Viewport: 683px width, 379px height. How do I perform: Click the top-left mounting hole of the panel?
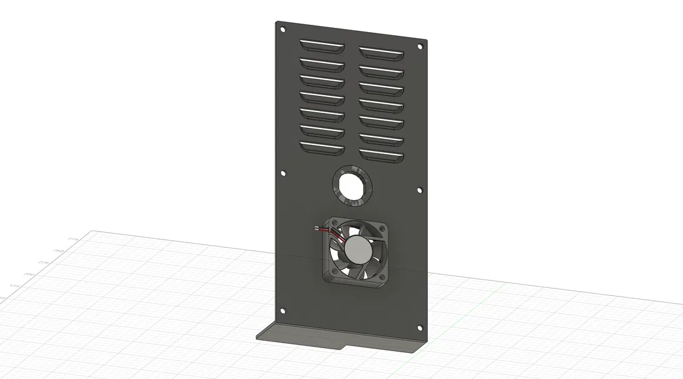pos(282,29)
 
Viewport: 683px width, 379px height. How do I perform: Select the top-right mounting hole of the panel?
pos(419,47)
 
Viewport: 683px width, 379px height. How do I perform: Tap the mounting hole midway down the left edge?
pos(283,173)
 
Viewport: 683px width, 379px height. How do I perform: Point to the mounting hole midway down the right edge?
pos(420,190)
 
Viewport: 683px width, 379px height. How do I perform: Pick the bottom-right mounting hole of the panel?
pos(420,327)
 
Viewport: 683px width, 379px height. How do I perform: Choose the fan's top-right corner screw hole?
pos(381,228)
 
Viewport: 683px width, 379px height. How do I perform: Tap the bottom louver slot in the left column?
pos(322,147)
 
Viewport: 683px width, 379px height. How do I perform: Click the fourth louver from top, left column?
pos(322,96)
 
